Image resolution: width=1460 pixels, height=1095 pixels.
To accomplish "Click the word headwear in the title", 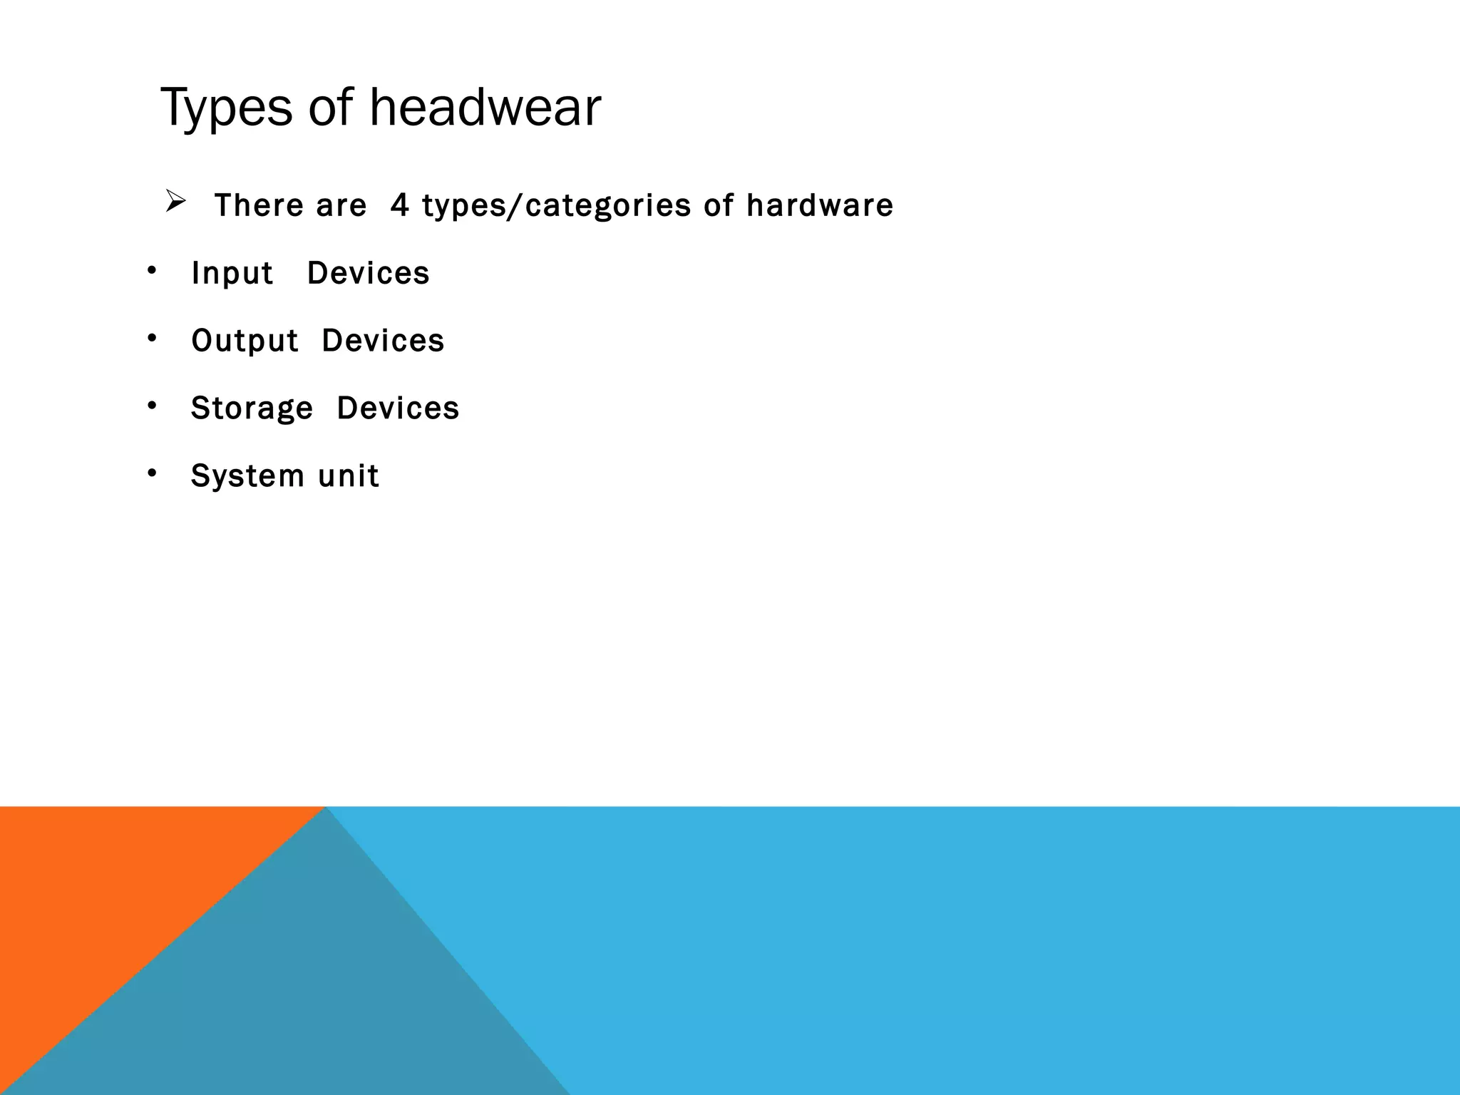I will point(485,108).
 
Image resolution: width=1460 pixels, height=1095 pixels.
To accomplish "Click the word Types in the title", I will point(226,108).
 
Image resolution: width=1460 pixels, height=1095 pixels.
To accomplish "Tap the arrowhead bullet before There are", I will point(175,202).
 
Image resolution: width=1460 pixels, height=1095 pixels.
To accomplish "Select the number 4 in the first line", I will point(400,205).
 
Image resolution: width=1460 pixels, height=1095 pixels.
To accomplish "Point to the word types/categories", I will point(556,206).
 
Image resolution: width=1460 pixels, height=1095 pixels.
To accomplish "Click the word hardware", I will point(819,205).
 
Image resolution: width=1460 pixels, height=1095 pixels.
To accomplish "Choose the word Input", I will point(232,274).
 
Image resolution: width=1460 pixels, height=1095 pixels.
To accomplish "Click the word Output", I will point(244,341).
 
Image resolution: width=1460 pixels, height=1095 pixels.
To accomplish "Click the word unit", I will point(348,476).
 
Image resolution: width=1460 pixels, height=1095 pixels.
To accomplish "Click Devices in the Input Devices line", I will point(368,273).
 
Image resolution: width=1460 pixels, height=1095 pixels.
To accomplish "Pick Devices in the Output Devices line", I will point(383,341).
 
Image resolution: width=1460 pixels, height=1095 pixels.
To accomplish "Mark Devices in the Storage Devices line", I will point(398,408).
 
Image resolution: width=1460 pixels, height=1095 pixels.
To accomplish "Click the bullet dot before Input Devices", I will point(151,270).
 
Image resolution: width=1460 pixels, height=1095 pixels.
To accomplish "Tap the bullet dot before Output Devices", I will point(151,338).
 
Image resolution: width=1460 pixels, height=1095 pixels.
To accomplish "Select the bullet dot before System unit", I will point(151,473).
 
